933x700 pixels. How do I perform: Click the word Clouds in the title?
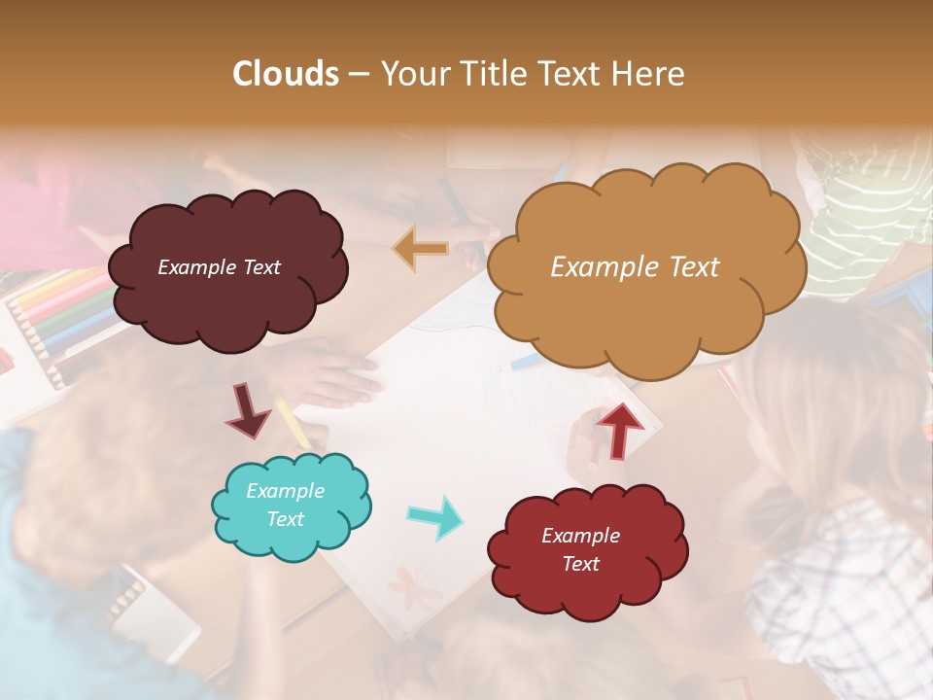coord(285,74)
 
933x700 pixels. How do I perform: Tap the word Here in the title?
coord(648,74)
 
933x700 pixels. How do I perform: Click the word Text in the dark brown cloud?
coord(261,267)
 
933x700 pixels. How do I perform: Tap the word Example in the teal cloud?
coord(285,491)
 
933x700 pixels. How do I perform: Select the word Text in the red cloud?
coord(580,564)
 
